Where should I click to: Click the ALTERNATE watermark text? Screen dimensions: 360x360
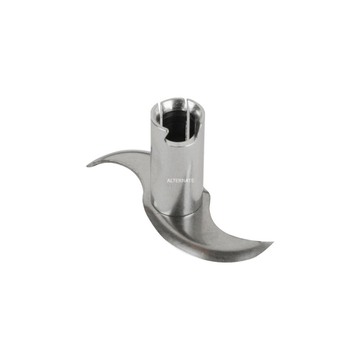click(x=180, y=181)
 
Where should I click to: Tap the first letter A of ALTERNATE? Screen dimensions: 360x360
click(x=169, y=181)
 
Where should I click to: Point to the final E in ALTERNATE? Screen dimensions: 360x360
click(x=193, y=181)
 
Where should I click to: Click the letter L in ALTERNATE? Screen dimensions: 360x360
click(x=172, y=181)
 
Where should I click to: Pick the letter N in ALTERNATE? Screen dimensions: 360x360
click(x=184, y=181)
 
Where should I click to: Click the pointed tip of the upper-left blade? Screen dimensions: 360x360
click(x=87, y=166)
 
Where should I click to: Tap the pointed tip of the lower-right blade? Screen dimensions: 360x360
click(x=273, y=242)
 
